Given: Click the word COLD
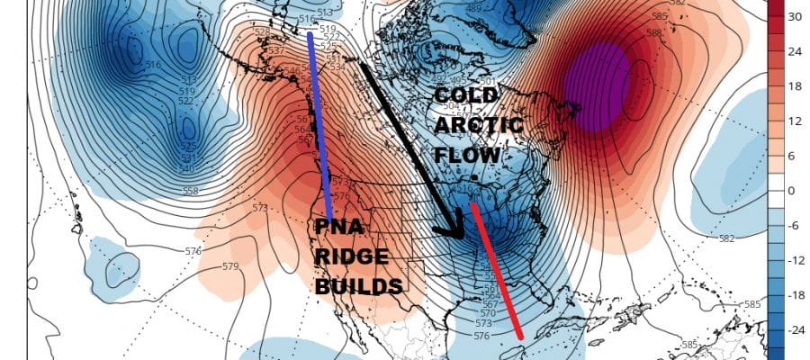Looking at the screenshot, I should coord(463,97).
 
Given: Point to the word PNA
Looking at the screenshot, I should coord(337,228).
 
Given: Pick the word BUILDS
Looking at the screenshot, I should coord(358,286).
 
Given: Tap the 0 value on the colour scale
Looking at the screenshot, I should coord(793,191).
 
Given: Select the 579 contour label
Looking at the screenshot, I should coord(230,266).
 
